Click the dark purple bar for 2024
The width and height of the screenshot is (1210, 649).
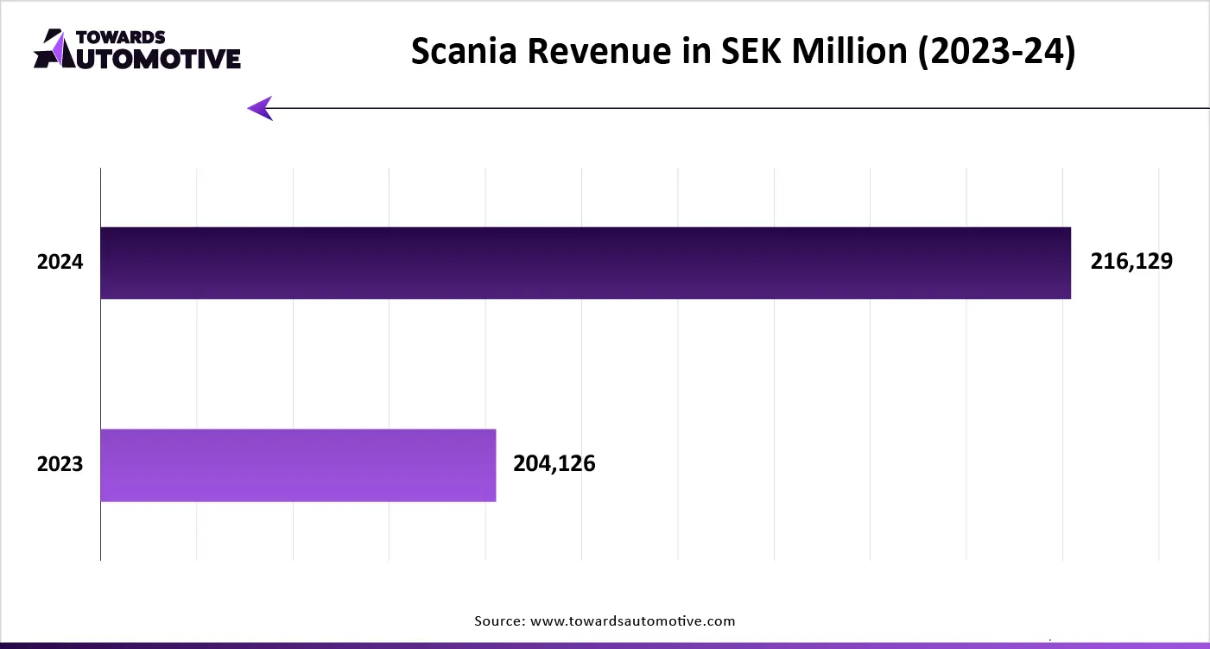point(586,263)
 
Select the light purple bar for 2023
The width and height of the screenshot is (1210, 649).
point(298,465)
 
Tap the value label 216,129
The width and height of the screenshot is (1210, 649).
point(1131,262)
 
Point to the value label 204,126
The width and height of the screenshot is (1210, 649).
point(554,464)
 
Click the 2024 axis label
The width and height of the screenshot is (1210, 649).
point(60,262)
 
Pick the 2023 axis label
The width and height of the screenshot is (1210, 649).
point(60,464)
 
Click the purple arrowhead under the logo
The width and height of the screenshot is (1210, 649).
point(260,108)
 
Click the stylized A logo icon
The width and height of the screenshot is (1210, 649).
point(51,48)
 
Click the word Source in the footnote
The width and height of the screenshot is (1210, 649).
point(498,620)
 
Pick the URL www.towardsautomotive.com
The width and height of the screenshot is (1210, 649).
point(632,620)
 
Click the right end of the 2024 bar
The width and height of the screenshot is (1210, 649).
point(1069,263)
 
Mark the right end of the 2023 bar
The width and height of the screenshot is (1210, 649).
point(495,465)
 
